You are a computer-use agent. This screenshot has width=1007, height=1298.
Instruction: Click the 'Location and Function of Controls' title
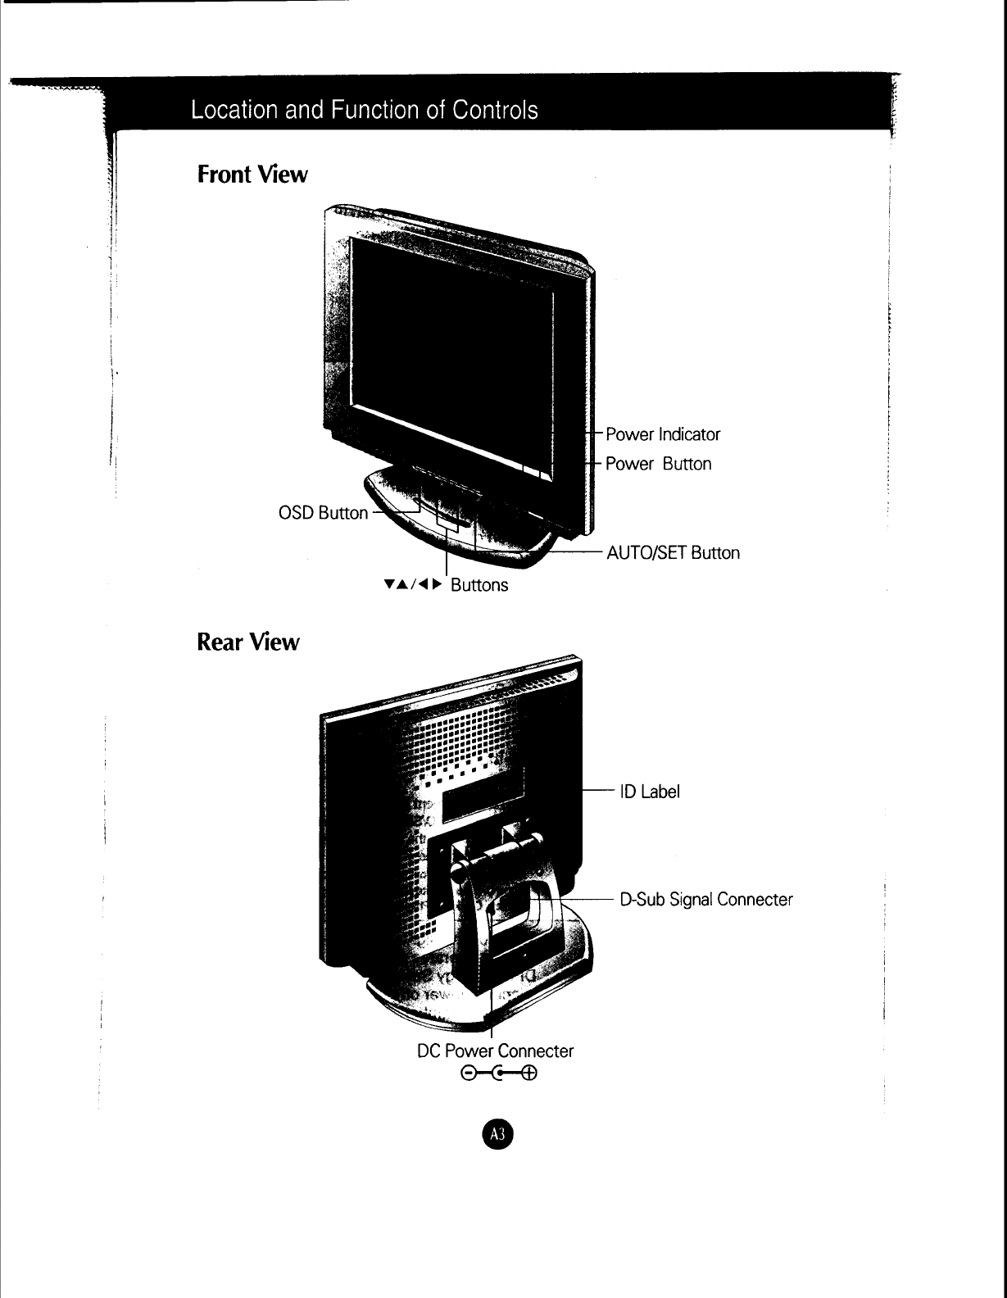click(364, 110)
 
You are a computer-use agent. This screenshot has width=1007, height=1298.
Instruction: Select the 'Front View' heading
click(252, 175)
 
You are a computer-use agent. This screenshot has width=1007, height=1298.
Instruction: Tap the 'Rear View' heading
click(248, 642)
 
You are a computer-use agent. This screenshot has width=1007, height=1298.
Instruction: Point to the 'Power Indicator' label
click(663, 434)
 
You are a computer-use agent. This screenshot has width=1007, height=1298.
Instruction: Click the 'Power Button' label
click(658, 464)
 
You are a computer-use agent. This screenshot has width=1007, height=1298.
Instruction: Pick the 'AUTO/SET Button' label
click(673, 553)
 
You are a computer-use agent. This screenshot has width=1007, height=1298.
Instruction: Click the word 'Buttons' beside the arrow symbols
click(479, 585)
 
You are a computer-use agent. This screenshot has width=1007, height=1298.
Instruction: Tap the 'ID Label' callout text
click(650, 792)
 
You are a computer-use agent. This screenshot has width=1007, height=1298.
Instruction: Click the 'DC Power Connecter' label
click(495, 1051)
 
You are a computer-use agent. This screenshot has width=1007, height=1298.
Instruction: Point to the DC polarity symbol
click(498, 1073)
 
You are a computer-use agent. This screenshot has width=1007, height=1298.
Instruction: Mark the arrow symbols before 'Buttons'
click(412, 585)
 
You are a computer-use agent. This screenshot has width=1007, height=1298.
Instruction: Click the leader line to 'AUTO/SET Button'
click(574, 553)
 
